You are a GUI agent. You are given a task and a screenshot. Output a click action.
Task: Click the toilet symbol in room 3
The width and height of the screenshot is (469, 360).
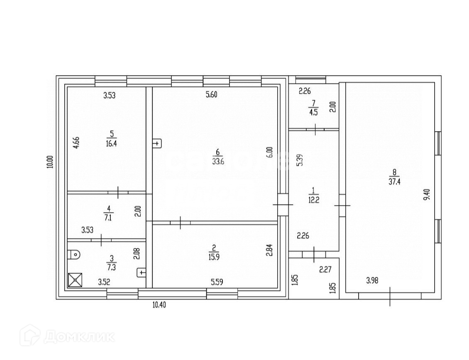pos(73,254)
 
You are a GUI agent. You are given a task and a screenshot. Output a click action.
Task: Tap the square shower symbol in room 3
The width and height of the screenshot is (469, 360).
pos(75,280)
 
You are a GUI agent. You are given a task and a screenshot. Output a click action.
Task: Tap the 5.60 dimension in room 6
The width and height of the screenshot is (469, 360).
pos(211,95)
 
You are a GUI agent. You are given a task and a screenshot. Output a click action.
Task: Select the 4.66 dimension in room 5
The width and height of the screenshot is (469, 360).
pos(76,142)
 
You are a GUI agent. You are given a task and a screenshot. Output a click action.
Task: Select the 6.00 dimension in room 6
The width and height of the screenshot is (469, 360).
pos(269,152)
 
